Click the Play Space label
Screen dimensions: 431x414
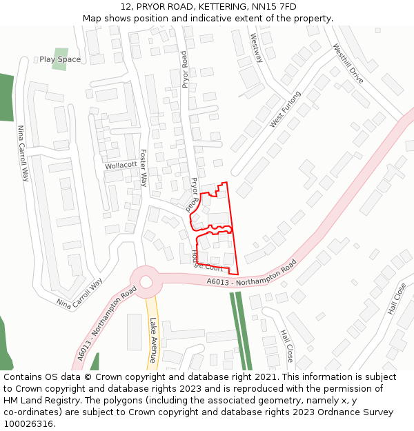point(59,59)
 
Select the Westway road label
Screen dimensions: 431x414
point(257,48)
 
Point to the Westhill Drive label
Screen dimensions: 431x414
point(347,64)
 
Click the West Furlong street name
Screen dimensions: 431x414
point(285,109)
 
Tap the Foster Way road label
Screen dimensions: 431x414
point(144,168)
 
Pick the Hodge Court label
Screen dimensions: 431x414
point(206,262)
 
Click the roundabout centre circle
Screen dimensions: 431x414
point(146,281)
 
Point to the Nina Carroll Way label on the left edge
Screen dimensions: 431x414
point(23,153)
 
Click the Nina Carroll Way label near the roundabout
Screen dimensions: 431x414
point(79,294)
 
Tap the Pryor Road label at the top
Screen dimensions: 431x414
point(184,69)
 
